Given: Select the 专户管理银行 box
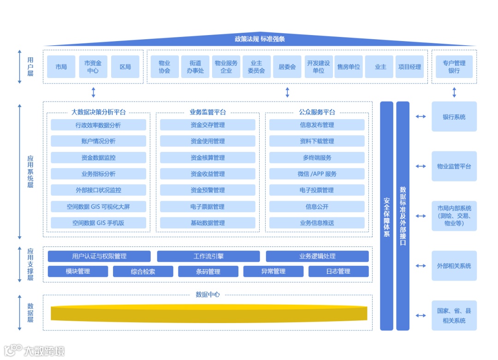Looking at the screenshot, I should coord(454,67).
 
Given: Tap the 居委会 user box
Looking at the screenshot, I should coord(287,67).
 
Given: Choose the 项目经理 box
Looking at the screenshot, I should coord(409,67).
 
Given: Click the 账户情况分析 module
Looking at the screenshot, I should coord(98,141).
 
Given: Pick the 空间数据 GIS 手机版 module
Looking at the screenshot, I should coord(98,223).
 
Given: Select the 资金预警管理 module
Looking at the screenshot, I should coord(207,190).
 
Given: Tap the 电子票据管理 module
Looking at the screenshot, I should coord(207,207).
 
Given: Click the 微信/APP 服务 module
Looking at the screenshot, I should coord(317,174).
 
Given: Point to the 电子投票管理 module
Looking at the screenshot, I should coord(317,190).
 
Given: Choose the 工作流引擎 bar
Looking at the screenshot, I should coord(208,256).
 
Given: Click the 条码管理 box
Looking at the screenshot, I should coord(208,271).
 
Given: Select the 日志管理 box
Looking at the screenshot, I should coord(338,271).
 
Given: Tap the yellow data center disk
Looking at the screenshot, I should coord(209,312).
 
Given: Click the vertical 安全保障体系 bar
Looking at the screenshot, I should coord(386,216).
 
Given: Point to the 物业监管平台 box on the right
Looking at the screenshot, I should coord(454,166).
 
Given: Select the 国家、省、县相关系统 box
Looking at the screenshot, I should coord(454,316).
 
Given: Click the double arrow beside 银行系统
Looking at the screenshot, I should coord(421,117).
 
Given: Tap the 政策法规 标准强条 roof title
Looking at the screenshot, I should coord(260,39).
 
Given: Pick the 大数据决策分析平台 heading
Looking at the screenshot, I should coord(98,112).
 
